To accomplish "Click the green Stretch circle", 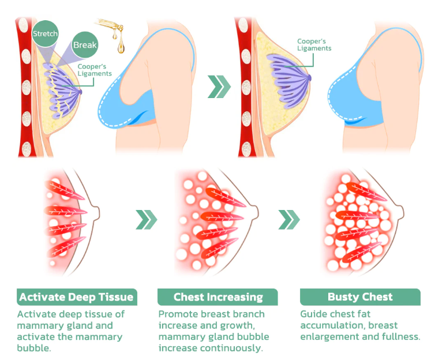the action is tap(45, 33).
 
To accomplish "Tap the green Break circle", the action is tap(85, 44).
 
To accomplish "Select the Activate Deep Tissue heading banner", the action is tap(77, 297).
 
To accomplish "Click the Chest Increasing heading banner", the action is tap(217, 297).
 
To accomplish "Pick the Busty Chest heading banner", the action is tap(360, 297).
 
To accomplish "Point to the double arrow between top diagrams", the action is tap(219, 87).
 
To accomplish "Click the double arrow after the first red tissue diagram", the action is tap(147, 220).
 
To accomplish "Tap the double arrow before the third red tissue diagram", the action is tap(289, 220).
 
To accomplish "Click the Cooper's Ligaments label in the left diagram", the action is tap(95, 70).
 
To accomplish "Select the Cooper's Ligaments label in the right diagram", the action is tap(314, 44).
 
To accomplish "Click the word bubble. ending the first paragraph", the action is tap(34, 348).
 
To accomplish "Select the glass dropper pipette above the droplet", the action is tap(110, 26).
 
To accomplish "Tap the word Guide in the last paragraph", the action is tap(312, 314).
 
